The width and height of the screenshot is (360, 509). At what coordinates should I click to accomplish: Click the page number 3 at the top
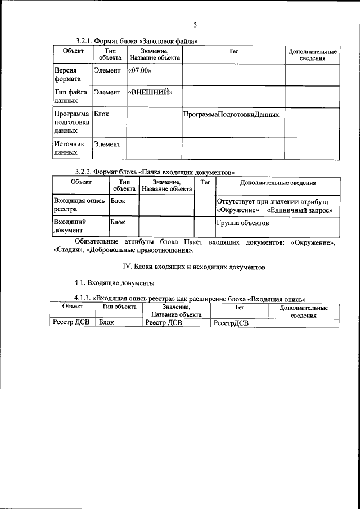pos(195,25)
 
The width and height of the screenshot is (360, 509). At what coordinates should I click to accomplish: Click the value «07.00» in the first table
pos(141,71)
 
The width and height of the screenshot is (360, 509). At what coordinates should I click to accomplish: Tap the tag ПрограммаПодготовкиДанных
pos(231,114)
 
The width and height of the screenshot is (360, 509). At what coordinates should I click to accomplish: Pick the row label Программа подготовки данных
pos(71,122)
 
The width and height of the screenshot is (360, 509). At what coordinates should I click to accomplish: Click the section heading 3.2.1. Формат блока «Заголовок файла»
pos(137,41)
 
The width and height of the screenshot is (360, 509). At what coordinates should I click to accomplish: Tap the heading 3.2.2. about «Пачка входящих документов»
pos(155,172)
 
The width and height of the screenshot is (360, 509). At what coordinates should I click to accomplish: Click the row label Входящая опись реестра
pos(78,205)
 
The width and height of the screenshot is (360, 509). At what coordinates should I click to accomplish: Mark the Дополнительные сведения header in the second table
pos(277,183)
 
